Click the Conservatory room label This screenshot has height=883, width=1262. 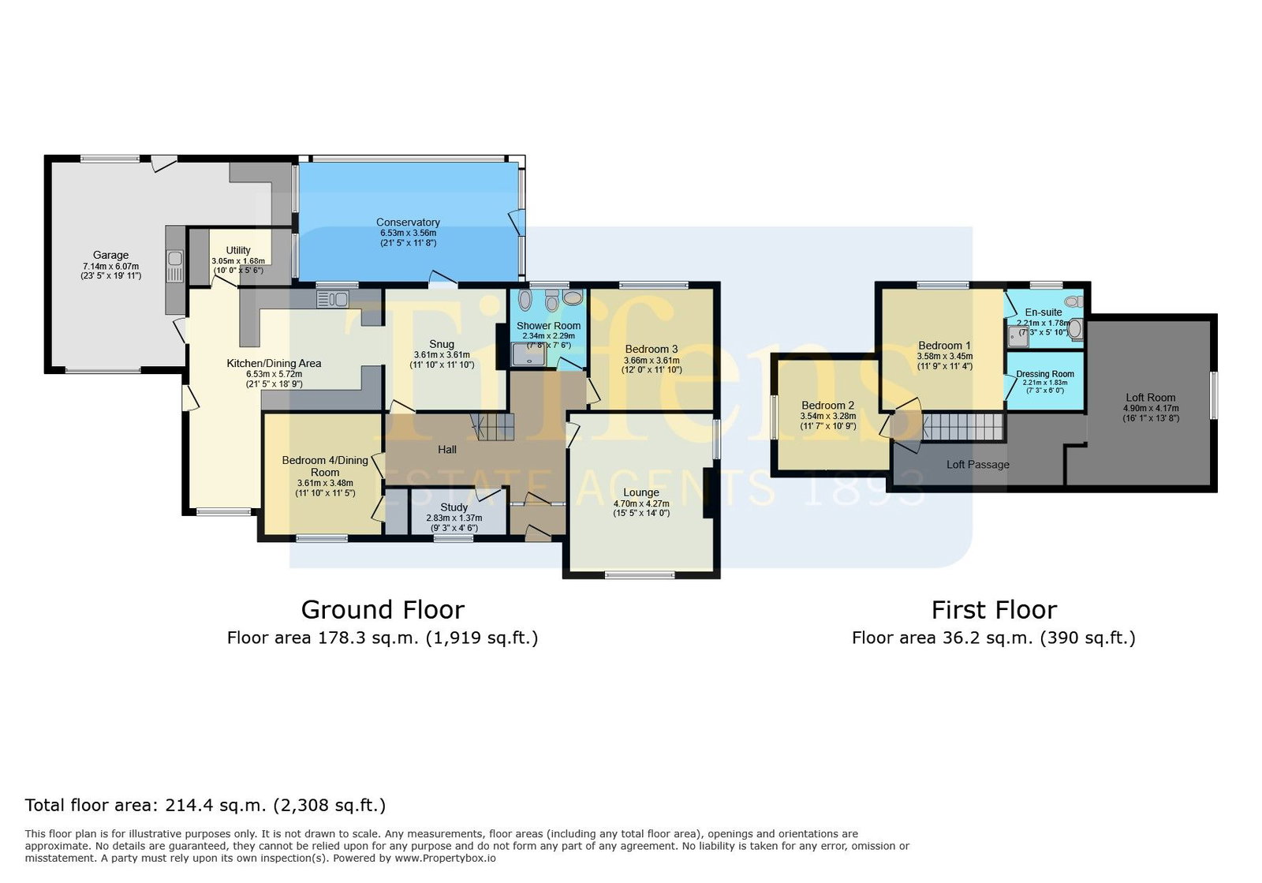408,223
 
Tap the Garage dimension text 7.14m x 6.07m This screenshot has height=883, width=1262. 111,267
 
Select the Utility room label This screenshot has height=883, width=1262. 238,250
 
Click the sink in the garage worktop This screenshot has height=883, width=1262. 174,259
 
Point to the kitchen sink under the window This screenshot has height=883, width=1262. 332,298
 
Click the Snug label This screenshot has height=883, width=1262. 442,344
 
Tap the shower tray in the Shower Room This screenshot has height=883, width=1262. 528,355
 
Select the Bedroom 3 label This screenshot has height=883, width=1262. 652,350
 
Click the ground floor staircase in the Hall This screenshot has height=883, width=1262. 493,427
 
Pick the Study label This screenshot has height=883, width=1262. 454,507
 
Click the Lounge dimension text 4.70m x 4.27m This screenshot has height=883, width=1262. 641,503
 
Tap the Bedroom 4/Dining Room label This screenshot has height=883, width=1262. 325,466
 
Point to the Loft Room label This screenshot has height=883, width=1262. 1151,397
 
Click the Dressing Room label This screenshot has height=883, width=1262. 1045,374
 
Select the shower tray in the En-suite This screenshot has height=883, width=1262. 1018,336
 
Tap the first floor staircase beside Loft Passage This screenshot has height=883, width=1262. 963,427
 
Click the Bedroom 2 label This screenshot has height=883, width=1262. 827,406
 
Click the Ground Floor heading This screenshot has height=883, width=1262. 383,610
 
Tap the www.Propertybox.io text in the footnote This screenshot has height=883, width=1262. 445,859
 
